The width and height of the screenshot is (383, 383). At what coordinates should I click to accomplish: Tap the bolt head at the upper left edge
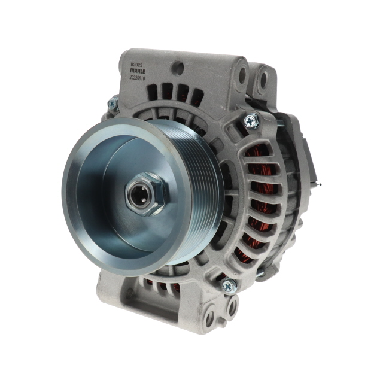(112, 104)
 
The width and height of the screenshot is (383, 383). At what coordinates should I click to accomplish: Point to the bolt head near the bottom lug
(229, 286)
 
